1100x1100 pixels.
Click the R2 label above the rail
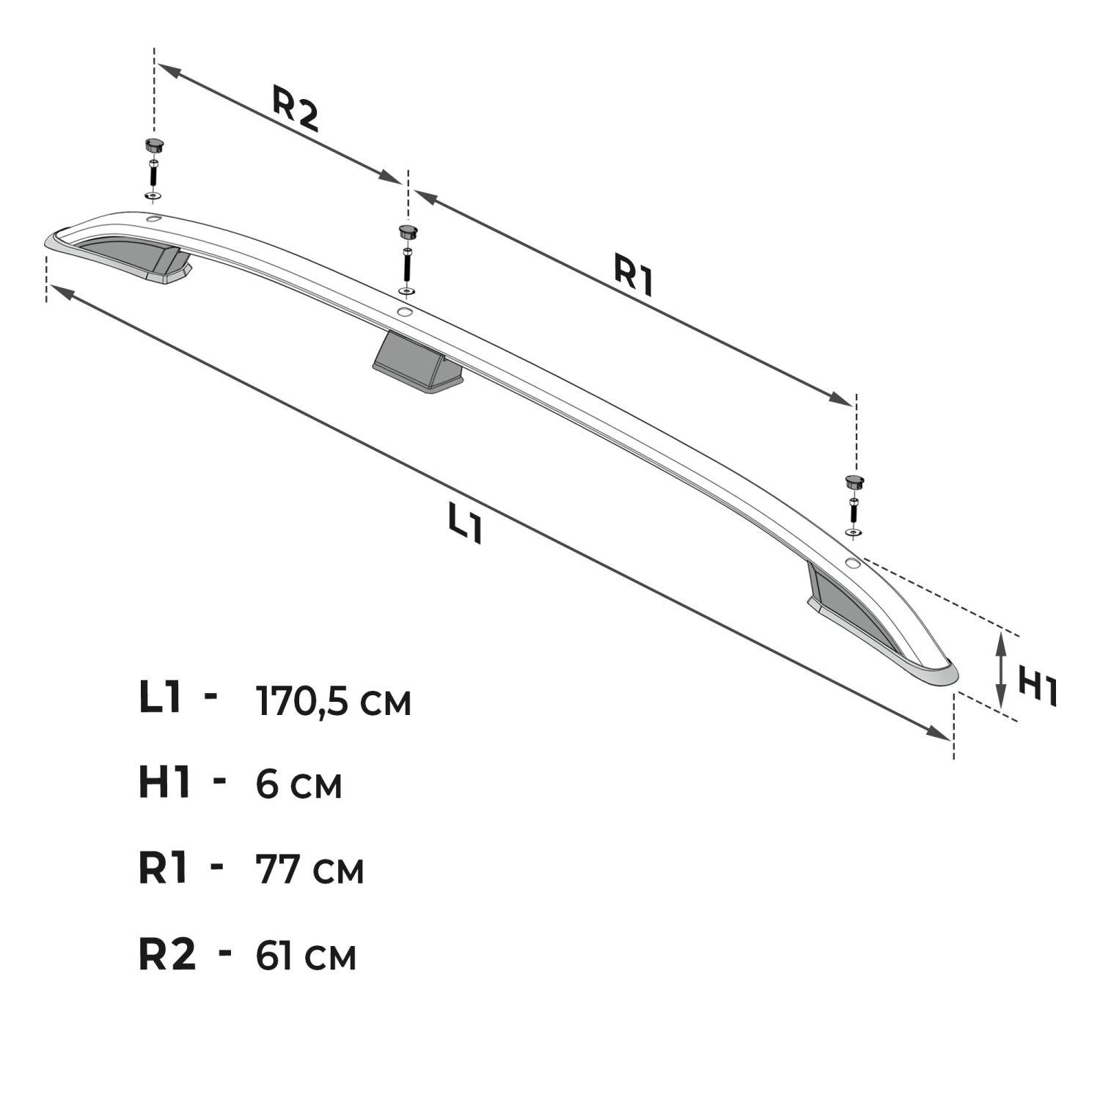(x=296, y=109)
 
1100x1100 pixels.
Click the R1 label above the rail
(x=634, y=274)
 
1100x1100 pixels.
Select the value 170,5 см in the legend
(x=334, y=702)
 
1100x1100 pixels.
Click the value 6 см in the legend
(x=299, y=785)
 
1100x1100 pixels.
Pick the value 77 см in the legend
(x=310, y=870)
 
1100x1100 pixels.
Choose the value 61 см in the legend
(x=307, y=956)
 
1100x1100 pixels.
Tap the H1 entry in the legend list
(x=165, y=782)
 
